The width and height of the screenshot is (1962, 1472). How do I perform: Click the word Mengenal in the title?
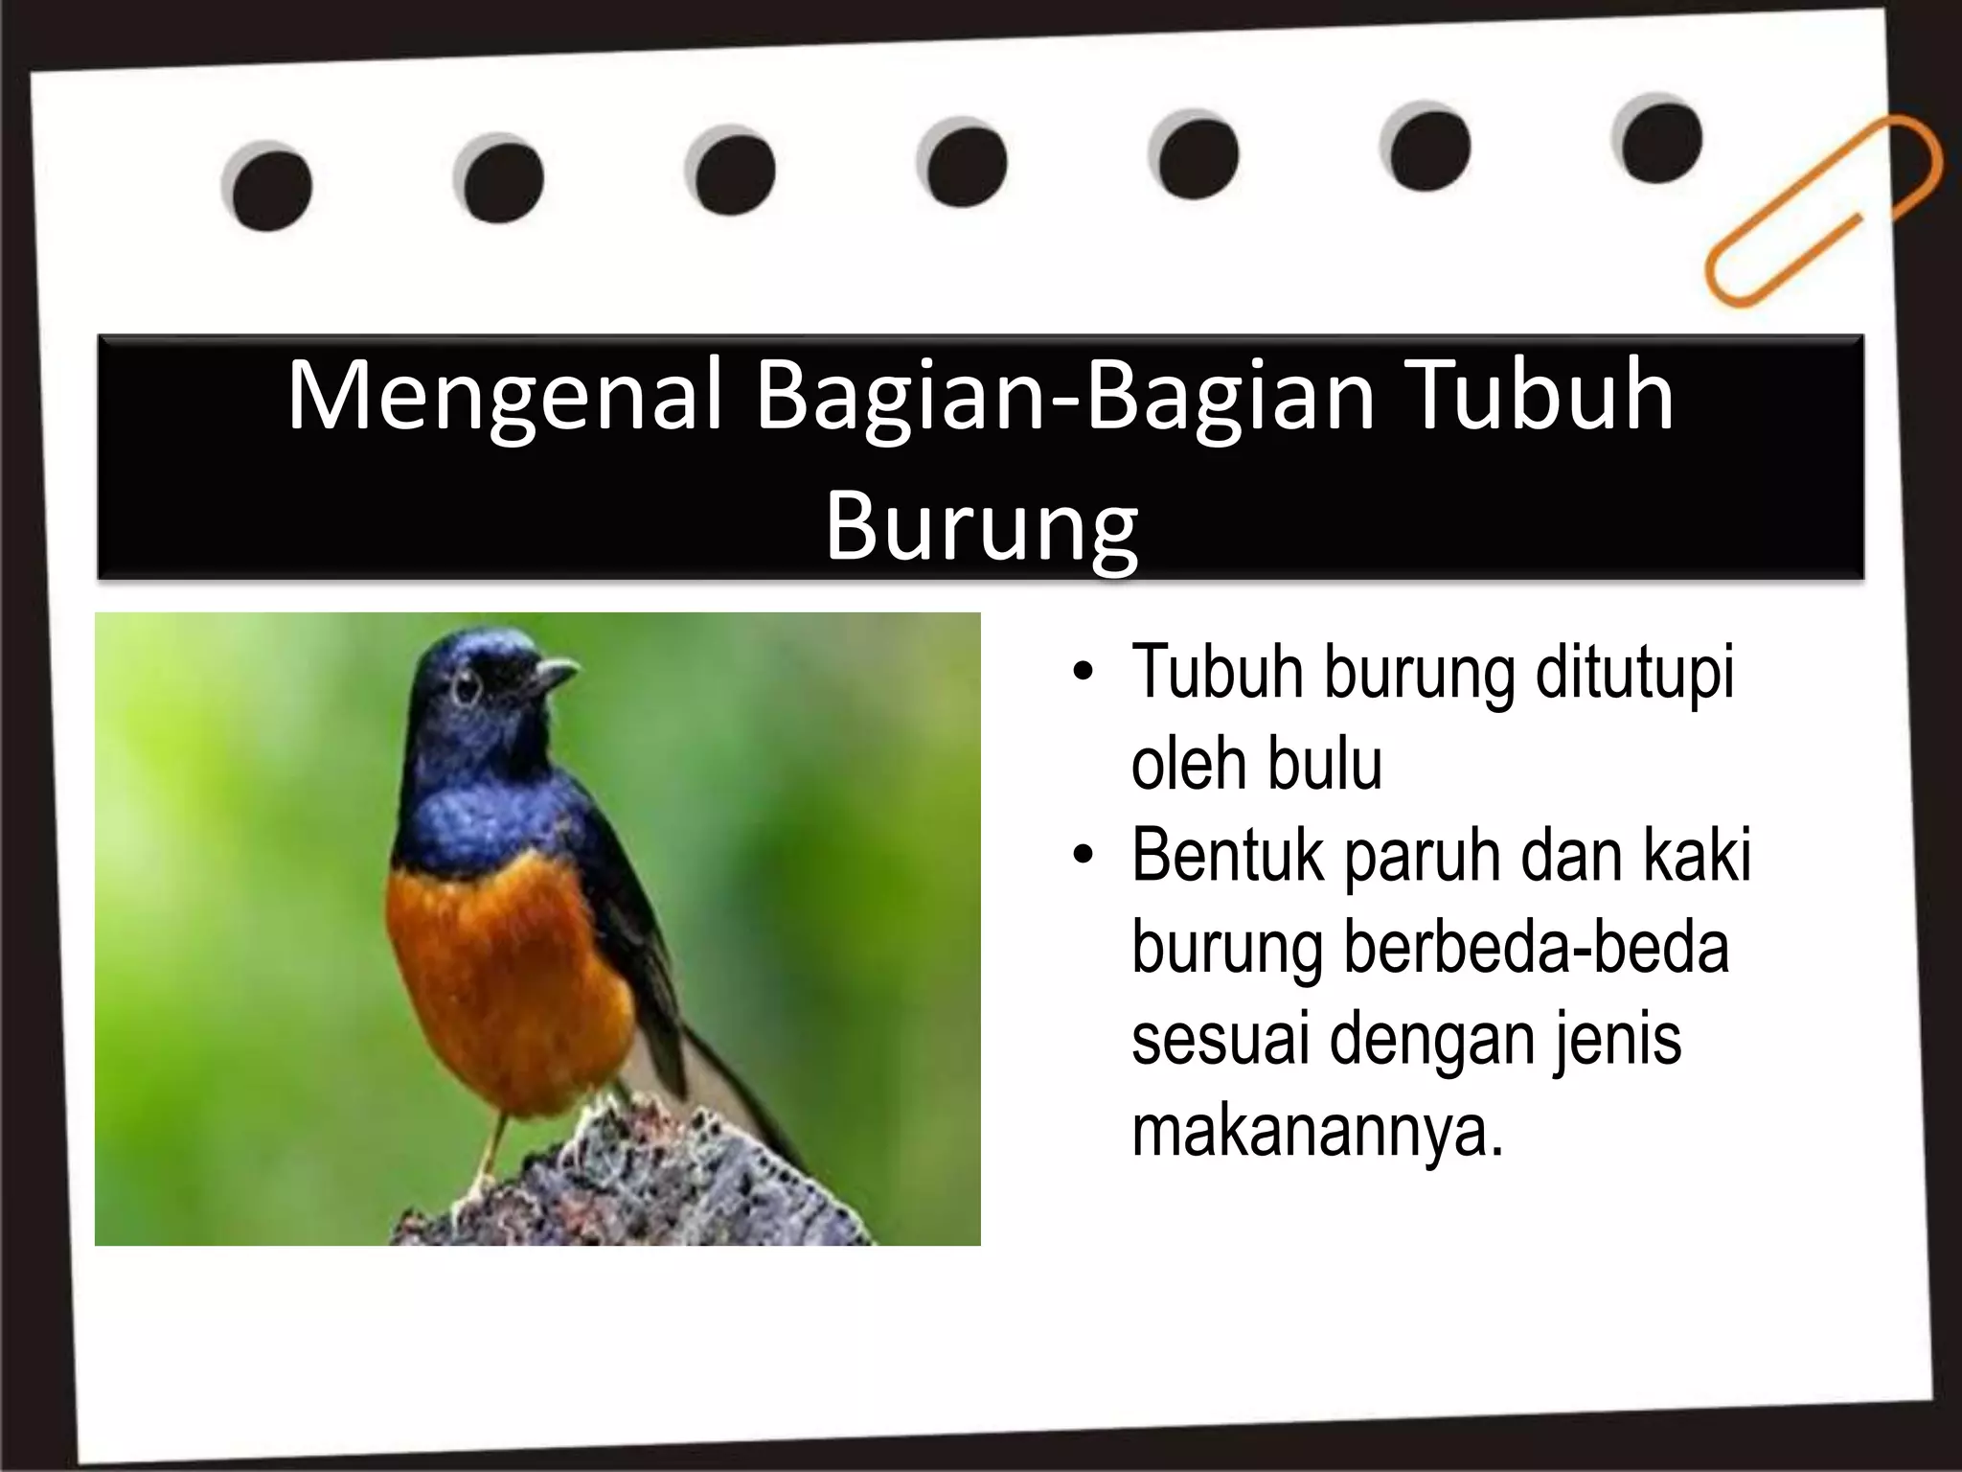503,396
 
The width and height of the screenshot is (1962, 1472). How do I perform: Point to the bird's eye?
467,688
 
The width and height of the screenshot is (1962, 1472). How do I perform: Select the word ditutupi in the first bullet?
1634,673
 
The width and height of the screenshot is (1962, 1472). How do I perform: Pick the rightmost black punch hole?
1661,141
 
